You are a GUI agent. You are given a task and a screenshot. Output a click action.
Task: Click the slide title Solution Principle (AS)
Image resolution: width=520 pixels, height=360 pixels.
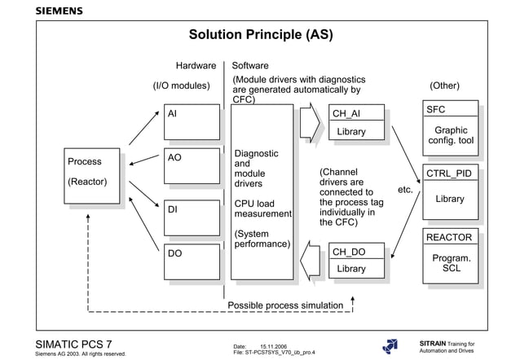click(261, 35)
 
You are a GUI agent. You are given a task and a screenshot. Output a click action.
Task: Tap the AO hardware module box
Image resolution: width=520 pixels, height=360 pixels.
click(192, 165)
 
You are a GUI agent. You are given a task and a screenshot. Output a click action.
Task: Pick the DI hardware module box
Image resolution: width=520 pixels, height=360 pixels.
click(192, 217)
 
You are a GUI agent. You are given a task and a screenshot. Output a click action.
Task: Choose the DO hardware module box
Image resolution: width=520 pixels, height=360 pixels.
click(192, 261)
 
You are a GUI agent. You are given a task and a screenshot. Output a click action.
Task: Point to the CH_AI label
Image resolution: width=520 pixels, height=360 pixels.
click(346, 114)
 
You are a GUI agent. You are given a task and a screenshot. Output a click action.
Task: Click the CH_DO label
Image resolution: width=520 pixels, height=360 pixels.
click(347, 252)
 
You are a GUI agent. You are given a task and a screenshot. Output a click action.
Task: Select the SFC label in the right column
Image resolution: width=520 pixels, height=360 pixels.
click(436, 110)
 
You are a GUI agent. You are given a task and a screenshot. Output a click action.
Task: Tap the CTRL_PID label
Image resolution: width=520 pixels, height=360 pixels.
click(449, 173)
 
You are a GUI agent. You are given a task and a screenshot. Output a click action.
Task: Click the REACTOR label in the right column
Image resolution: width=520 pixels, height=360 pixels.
click(449, 238)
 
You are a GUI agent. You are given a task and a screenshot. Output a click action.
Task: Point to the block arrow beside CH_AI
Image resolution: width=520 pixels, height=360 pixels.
click(310, 122)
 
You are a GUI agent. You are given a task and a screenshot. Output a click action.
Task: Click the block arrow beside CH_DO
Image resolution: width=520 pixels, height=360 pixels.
click(310, 260)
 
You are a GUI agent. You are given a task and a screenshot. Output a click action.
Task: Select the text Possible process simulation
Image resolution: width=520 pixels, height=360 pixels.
click(285, 305)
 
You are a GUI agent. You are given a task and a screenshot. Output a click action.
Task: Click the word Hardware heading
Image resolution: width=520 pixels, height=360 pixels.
click(196, 65)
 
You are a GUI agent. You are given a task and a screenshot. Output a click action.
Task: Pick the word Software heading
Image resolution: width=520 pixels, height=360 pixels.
click(250, 65)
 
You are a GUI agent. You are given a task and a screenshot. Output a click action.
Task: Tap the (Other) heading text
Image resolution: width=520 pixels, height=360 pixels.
click(444, 86)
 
